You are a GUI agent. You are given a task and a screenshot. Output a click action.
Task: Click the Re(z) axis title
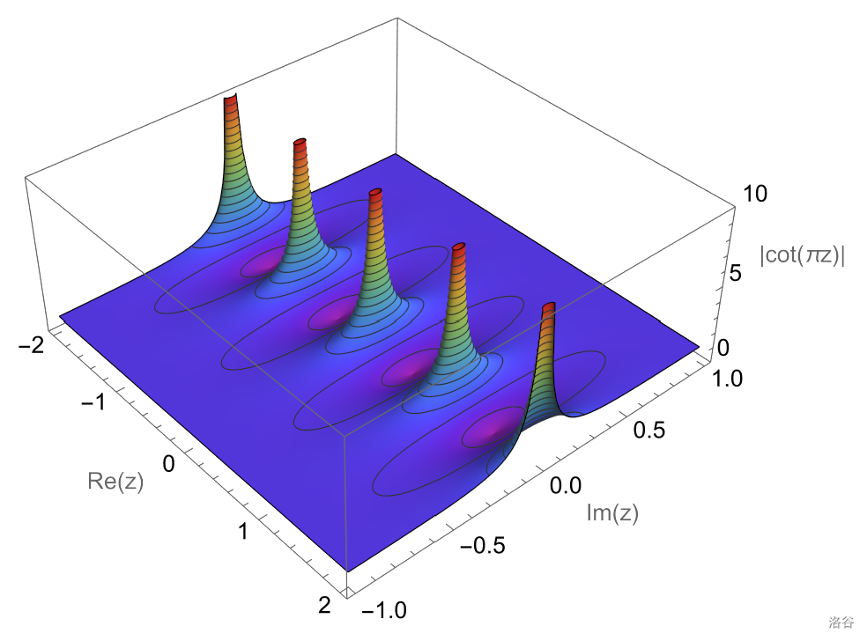pos(115,481)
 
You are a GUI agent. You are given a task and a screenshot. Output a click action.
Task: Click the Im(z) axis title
pos(612,512)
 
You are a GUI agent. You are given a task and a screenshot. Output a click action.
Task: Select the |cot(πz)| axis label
pos(802,255)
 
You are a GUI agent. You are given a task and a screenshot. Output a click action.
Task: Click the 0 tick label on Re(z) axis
pos(170,462)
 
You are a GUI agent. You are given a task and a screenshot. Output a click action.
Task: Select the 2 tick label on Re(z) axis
pos(324,604)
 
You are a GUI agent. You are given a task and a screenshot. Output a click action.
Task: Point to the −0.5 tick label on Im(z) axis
pos(483,546)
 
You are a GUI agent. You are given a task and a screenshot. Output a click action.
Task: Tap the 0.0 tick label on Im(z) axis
pos(565,485)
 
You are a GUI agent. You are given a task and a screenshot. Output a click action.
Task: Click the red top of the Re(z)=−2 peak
pos(231,99)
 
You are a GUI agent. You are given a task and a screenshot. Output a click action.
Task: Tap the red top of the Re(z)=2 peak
pos(549,308)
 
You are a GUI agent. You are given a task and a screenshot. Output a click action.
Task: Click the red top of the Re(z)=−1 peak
pos(300,143)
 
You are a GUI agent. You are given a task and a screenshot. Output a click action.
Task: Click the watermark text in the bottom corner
pos(841,623)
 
